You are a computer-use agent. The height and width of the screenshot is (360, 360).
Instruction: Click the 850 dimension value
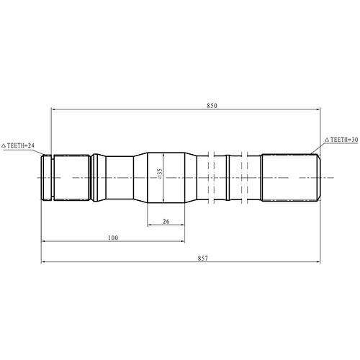pos(212,105)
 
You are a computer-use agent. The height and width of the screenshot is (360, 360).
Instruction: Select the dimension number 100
pos(112,237)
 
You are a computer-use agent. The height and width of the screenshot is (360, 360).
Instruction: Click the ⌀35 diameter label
pos(159,175)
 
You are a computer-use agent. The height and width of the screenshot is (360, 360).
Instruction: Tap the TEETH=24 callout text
pos(27,145)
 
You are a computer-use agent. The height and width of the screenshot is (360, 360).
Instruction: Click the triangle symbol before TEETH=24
pos(5,145)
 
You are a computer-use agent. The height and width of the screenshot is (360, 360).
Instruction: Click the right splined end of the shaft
pos(288,176)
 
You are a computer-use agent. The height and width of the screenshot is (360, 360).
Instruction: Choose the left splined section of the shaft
pos(72,176)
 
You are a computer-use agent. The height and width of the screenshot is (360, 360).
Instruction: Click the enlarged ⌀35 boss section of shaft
pos(166,176)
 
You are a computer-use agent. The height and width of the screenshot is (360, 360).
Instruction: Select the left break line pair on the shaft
pos(211,176)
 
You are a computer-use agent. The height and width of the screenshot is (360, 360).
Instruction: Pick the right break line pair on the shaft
pos(246,176)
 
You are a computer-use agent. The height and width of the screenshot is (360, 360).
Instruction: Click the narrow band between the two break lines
pos(228,176)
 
